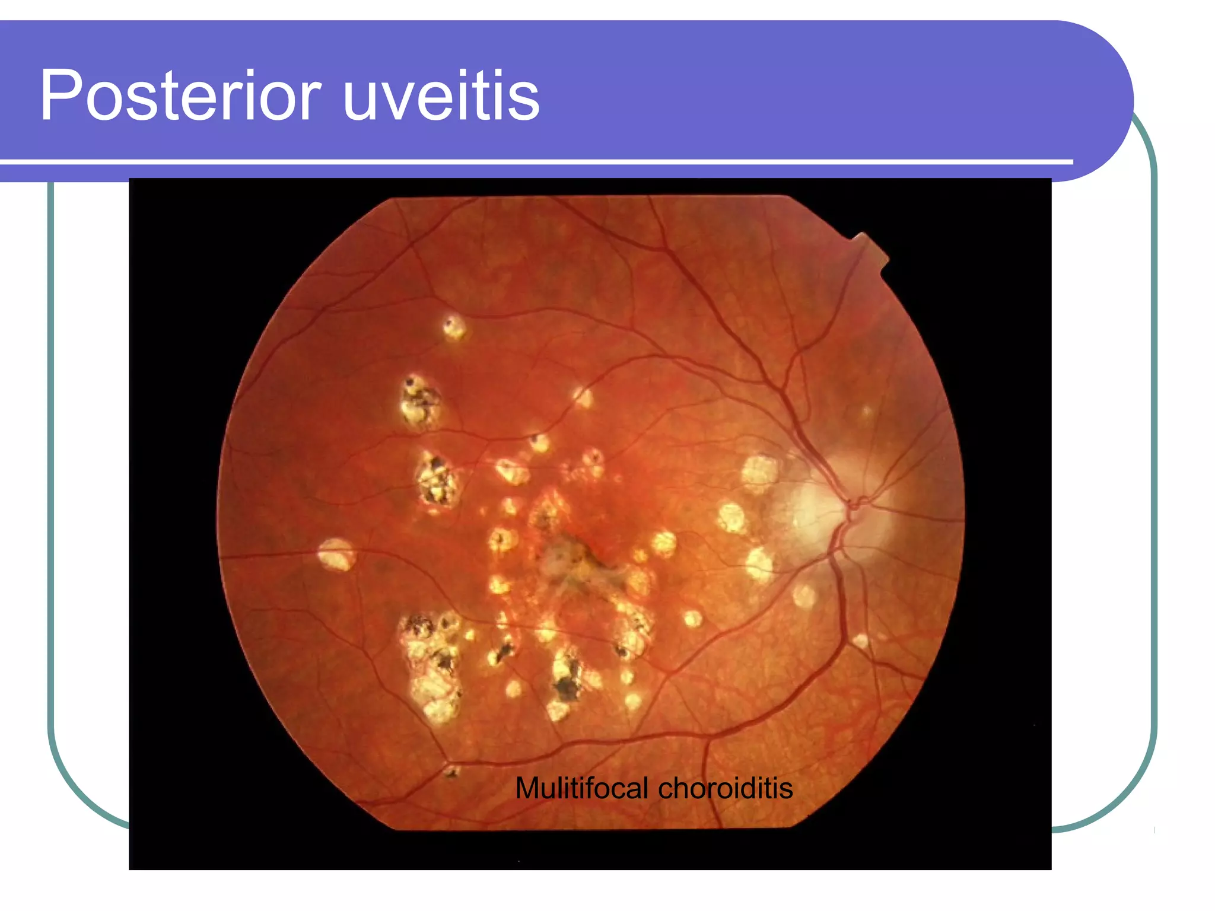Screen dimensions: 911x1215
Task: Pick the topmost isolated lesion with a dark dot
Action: (454, 327)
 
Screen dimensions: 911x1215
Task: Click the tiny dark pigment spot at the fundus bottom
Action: (452, 772)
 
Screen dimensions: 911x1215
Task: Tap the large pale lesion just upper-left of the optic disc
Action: (759, 472)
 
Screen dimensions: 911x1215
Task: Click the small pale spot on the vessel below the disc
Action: (860, 641)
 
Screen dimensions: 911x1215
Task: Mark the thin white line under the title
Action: (534, 161)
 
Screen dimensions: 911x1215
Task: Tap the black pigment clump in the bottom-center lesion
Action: (567, 685)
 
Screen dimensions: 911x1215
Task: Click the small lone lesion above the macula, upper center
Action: (582, 397)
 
